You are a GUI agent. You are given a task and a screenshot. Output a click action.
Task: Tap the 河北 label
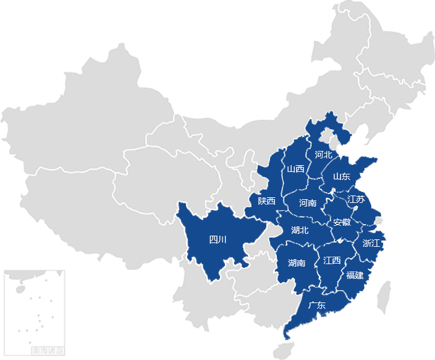click(x=323, y=155)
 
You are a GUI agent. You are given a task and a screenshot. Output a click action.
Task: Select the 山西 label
click(x=295, y=169)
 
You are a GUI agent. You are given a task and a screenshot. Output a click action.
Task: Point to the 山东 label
click(x=342, y=177)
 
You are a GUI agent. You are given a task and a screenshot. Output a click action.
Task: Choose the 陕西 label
click(x=267, y=201)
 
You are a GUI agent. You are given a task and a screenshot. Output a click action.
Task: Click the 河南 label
click(x=308, y=203)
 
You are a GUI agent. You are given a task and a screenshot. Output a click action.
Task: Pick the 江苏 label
click(x=356, y=199)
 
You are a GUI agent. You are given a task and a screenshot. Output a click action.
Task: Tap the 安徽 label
click(x=342, y=223)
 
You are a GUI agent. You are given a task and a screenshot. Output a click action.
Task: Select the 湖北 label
click(x=300, y=230)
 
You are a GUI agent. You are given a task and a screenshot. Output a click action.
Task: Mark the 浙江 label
click(x=372, y=243)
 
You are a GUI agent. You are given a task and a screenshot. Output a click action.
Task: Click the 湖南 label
click(x=297, y=263)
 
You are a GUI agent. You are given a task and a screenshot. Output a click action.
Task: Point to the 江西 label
click(x=332, y=261)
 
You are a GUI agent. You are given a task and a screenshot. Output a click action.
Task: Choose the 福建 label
click(x=355, y=275)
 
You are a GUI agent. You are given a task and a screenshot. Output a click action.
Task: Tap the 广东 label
click(x=316, y=306)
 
